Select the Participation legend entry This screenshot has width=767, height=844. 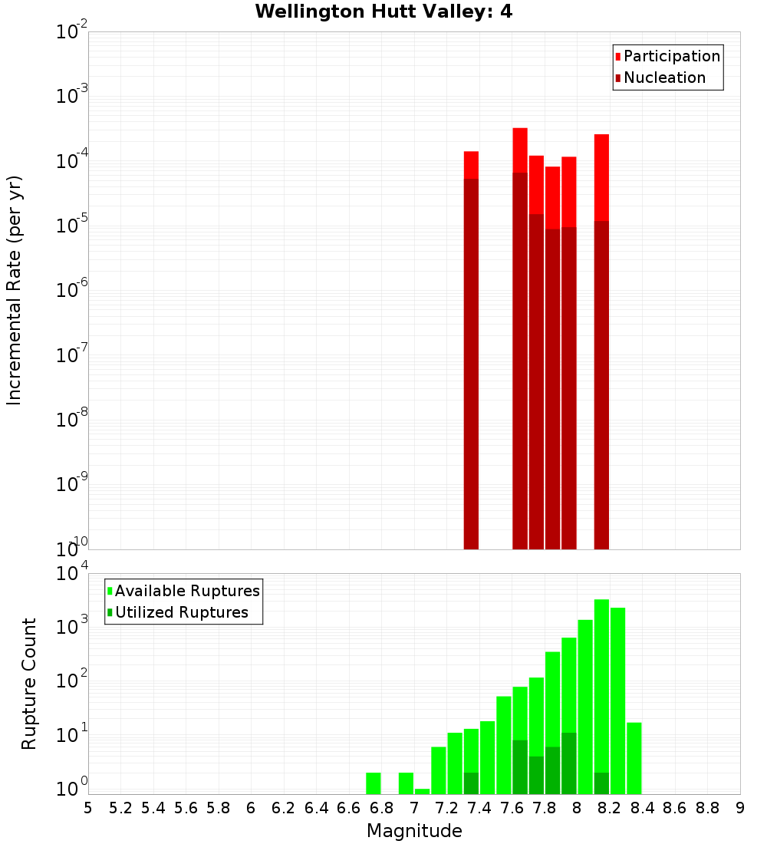click(x=671, y=56)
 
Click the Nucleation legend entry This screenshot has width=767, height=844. click(x=663, y=77)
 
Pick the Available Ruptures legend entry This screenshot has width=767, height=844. click(x=186, y=591)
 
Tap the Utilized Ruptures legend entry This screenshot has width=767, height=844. click(x=181, y=612)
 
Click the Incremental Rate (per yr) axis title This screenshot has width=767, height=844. click(x=15, y=290)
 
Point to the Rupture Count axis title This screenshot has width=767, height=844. click(x=29, y=684)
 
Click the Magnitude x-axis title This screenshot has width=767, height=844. click(x=414, y=831)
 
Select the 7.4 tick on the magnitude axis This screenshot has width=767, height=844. click(x=479, y=808)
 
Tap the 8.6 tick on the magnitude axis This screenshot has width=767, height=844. click(x=675, y=808)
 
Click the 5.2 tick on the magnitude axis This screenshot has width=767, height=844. click(x=120, y=808)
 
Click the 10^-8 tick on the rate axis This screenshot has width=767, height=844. click(x=72, y=420)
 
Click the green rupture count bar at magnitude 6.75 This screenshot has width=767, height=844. click(x=374, y=783)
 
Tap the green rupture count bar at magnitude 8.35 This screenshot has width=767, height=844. click(x=634, y=758)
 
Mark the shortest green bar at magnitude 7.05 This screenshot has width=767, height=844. click(x=422, y=791)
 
